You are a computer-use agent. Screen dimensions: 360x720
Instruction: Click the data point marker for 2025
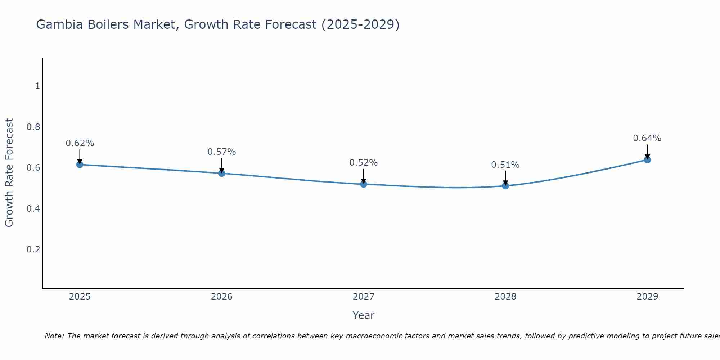pyautogui.click(x=80, y=165)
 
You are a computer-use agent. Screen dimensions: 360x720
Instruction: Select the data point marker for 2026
pyautogui.click(x=221, y=173)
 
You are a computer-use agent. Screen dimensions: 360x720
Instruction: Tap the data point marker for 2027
pyautogui.click(x=364, y=184)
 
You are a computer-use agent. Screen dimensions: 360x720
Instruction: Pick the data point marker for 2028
pyautogui.click(x=505, y=186)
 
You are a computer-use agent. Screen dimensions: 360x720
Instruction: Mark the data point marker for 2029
pyautogui.click(x=647, y=159)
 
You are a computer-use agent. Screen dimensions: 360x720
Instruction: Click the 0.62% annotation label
pyautogui.click(x=80, y=143)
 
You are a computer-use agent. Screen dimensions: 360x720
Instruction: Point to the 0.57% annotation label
pyautogui.click(x=221, y=152)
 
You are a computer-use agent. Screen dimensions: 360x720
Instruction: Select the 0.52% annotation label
pyautogui.click(x=364, y=163)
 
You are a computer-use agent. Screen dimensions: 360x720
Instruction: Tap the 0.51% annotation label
pyautogui.click(x=505, y=165)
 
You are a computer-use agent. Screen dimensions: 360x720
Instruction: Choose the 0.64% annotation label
pyautogui.click(x=647, y=138)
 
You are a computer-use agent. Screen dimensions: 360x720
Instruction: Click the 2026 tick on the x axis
pyautogui.click(x=221, y=297)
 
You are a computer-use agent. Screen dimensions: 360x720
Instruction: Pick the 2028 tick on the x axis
pyautogui.click(x=505, y=297)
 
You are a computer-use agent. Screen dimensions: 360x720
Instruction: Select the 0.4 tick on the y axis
pyautogui.click(x=33, y=208)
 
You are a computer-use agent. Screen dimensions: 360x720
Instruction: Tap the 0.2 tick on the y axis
pyautogui.click(x=33, y=249)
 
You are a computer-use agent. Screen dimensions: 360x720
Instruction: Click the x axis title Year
pyautogui.click(x=364, y=315)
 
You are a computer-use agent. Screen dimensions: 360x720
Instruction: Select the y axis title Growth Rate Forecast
pyautogui.click(x=9, y=172)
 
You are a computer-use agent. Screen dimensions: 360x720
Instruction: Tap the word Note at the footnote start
pyautogui.click(x=54, y=336)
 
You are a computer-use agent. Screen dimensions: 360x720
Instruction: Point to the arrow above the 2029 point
pyautogui.click(x=647, y=151)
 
